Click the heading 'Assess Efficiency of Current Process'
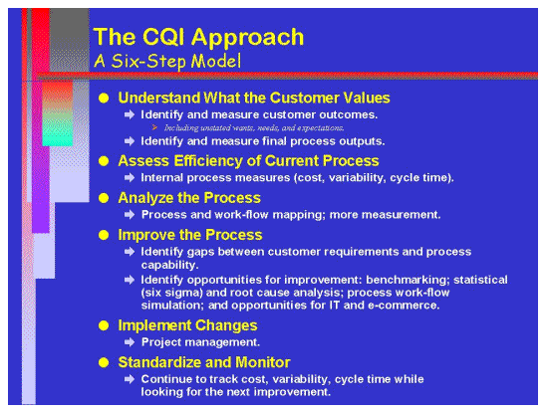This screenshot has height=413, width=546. [248, 160]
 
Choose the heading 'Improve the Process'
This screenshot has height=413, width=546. [189, 235]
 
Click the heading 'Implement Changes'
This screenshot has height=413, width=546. [187, 324]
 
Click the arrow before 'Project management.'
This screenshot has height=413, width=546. [130, 342]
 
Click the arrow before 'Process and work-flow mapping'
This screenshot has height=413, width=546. [130, 215]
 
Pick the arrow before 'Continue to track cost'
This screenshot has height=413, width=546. [130, 379]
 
